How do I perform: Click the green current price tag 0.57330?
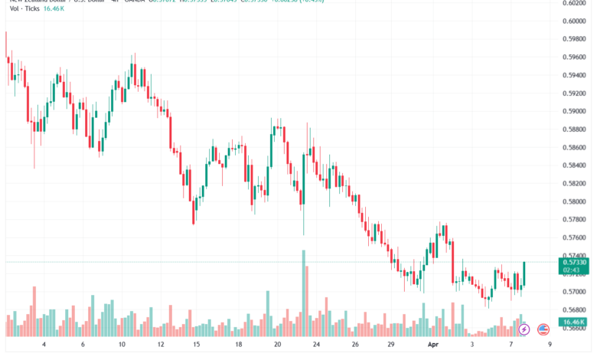tap(575, 262)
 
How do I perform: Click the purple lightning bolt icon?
tap(524, 329)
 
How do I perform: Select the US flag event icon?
tap(543, 329)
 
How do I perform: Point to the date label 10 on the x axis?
tap(122, 345)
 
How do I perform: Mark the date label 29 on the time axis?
tap(392, 345)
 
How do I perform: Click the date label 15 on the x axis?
tap(197, 345)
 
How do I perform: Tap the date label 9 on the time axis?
tap(550, 345)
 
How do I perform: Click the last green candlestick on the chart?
tap(525, 273)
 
